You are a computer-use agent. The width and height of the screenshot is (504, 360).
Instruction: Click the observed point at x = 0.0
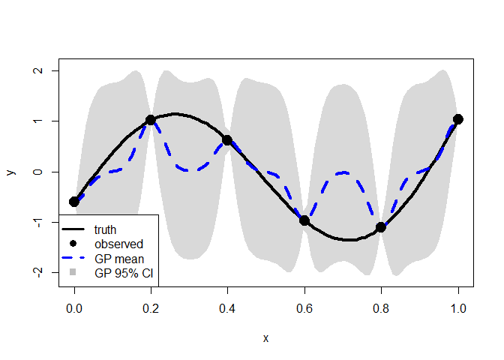(x=74, y=202)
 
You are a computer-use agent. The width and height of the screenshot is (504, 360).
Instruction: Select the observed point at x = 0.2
(x=151, y=120)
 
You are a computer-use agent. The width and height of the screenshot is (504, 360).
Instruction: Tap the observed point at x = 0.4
(x=227, y=140)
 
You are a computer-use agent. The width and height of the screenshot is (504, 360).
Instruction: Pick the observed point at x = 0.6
(x=304, y=220)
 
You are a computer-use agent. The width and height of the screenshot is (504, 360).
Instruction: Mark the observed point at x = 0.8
(x=381, y=226)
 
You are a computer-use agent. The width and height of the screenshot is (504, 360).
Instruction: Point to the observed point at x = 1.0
(x=458, y=119)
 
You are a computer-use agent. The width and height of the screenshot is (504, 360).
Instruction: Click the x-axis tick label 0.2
(x=151, y=307)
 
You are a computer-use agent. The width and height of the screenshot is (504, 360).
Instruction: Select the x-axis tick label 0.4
(x=227, y=307)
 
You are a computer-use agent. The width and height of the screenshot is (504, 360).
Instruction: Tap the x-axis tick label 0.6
(x=304, y=307)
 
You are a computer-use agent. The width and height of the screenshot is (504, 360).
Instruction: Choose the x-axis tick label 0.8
(x=381, y=307)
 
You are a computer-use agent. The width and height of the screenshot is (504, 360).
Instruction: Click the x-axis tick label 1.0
(x=458, y=307)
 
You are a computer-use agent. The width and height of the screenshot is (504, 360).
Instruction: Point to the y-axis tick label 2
(x=37, y=70)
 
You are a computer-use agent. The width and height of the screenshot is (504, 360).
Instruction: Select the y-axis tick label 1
(x=37, y=121)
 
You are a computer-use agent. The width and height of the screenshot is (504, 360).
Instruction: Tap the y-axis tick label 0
(x=37, y=172)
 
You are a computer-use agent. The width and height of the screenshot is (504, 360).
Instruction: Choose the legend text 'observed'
(x=118, y=244)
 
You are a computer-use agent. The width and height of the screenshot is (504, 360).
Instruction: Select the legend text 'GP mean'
(x=117, y=258)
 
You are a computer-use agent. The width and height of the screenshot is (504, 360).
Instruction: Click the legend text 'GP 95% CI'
(x=124, y=273)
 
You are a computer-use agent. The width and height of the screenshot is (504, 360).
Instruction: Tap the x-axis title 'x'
(x=266, y=338)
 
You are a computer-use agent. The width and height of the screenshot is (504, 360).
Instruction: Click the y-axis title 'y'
(x=10, y=172)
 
